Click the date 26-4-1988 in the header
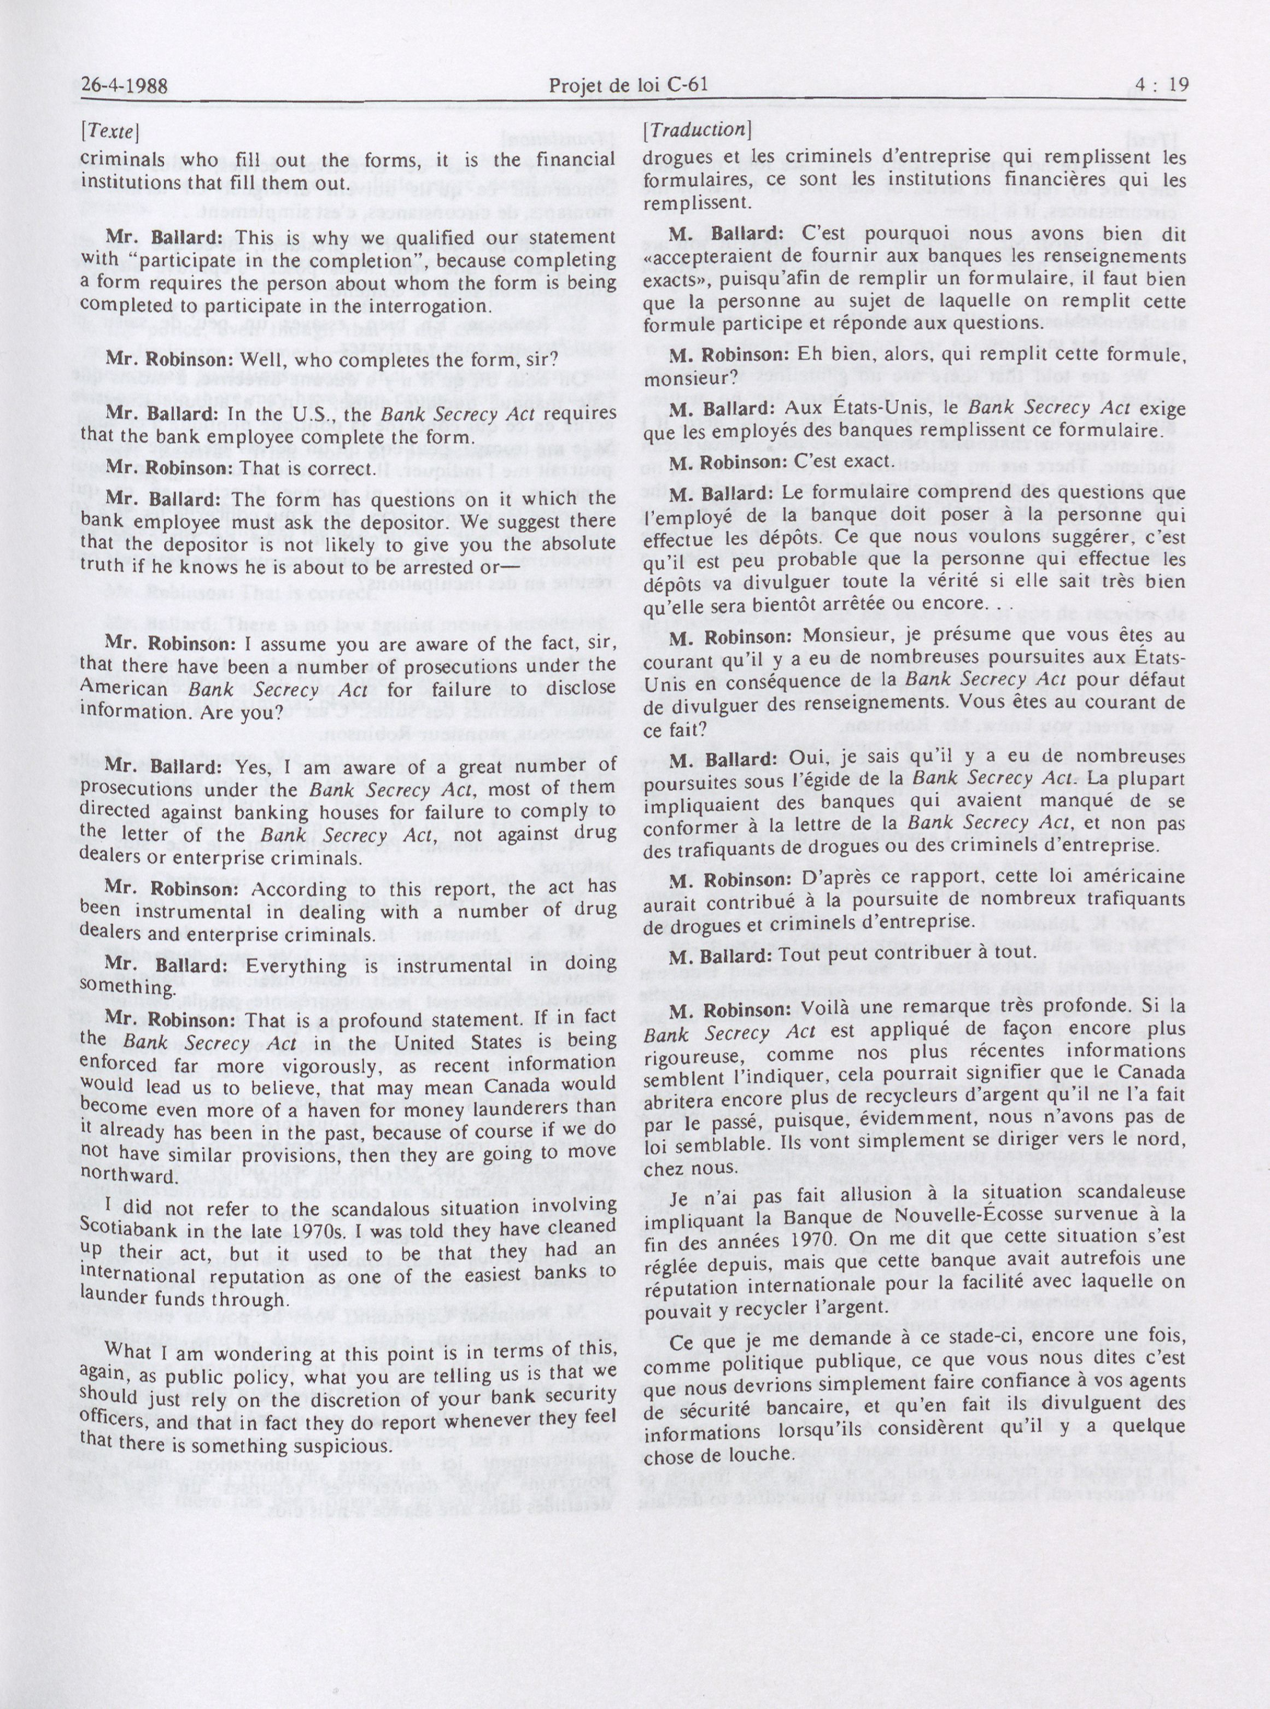[x=125, y=85]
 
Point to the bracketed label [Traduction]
[x=696, y=129]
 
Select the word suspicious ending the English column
[x=350, y=1444]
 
